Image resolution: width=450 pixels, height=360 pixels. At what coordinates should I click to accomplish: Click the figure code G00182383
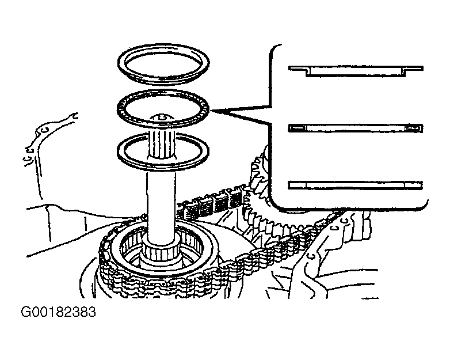[58, 312]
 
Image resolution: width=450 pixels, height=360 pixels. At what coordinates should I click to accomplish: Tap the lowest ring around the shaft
[163, 166]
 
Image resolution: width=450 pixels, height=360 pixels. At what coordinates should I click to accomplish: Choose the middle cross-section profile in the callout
[356, 128]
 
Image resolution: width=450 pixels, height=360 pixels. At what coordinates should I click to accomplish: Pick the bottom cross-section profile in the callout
[356, 185]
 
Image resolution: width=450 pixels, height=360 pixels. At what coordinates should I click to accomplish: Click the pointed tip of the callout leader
[211, 111]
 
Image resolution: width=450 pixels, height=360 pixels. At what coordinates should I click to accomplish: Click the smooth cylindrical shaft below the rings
[161, 204]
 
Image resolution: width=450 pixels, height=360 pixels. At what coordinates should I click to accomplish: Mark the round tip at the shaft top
[161, 118]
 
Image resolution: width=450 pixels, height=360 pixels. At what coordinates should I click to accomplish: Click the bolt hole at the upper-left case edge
[74, 116]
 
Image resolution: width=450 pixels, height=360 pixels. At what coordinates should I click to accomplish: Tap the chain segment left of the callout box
[212, 201]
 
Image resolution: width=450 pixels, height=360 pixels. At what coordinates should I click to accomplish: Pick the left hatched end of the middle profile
[297, 128]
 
